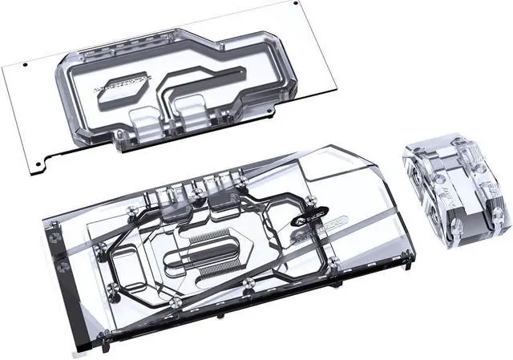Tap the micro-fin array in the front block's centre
[210, 261]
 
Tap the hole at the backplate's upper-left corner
[26, 66]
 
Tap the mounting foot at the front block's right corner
[411, 259]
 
